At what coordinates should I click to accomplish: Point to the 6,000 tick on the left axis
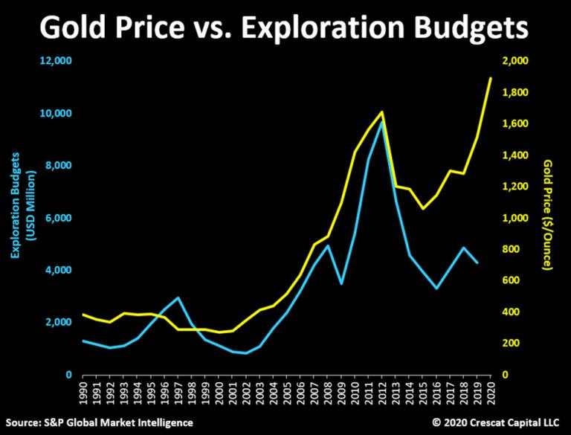pyautogui.click(x=58, y=219)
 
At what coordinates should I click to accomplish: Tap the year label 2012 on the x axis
pyautogui.click(x=382, y=393)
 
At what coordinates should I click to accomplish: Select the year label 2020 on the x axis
pyautogui.click(x=491, y=393)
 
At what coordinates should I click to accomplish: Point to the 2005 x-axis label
pyautogui.click(x=286, y=393)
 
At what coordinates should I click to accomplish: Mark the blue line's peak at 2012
pyautogui.click(x=382, y=120)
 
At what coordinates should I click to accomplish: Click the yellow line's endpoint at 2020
pyautogui.click(x=491, y=78)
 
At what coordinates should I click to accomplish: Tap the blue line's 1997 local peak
pyautogui.click(x=178, y=297)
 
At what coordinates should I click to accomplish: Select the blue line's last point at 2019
pyautogui.click(x=477, y=263)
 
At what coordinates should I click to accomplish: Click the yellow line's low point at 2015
pyautogui.click(x=423, y=208)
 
